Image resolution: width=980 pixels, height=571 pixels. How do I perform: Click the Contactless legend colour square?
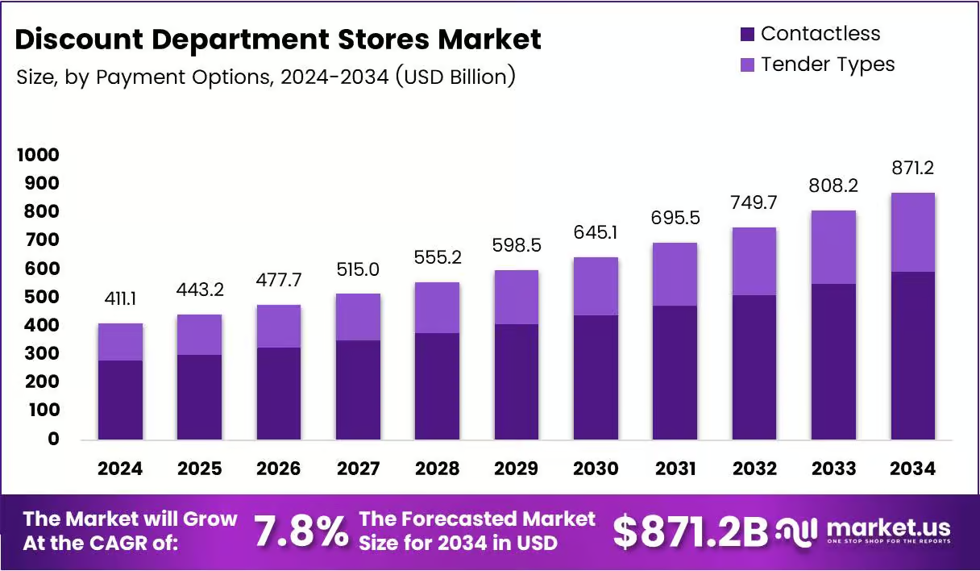coord(747,34)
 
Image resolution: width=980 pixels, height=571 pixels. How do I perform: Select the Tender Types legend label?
coord(828,65)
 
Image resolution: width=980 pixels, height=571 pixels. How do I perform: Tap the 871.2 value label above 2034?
coord(912,168)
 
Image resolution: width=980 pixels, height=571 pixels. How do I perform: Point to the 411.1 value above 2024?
coord(120,298)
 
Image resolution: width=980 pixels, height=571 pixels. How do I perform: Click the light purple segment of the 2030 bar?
coord(596,286)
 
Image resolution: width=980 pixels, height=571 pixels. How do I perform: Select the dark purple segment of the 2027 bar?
coord(358,390)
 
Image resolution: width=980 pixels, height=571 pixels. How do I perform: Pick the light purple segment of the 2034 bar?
coord(913,232)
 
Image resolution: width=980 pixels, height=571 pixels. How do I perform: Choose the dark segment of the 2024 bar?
coord(120,400)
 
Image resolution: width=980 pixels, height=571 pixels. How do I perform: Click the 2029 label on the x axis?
coord(517,469)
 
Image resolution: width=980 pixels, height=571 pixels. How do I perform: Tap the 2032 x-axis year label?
coord(754,469)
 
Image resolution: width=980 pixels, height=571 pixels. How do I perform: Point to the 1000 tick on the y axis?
coord(38,155)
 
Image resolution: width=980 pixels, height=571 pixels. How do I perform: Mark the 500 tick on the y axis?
coord(42,297)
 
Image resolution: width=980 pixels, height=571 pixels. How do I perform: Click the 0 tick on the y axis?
coord(53,438)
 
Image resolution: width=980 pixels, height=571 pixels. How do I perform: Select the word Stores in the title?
coord(384,39)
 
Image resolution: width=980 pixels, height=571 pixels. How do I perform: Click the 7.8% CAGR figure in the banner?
coord(301,531)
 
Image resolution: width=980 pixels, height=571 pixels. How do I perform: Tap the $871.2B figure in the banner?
coord(691,531)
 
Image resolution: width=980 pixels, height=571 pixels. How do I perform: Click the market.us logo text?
coord(889,527)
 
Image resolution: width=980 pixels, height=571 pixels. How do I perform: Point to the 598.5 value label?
coord(517,245)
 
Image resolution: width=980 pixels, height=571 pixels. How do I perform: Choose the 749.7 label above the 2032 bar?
coord(754,202)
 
